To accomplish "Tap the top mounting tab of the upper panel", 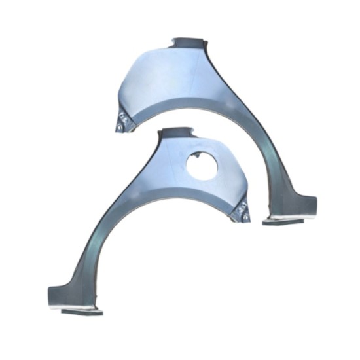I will coord(187,43).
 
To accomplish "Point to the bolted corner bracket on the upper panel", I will coord(122,122).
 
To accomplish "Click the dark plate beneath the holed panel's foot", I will coord(82,312).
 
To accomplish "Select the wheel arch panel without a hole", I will coord(196,85).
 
